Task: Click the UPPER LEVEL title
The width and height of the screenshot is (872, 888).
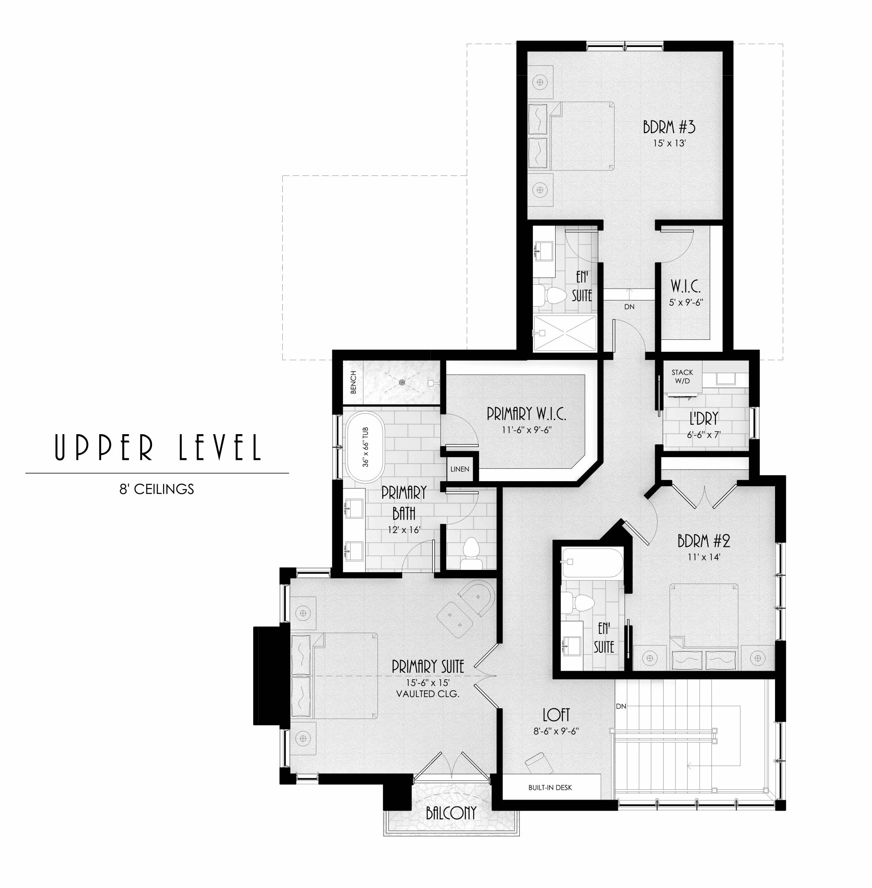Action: [158, 447]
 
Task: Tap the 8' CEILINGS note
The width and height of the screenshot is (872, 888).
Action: [157, 489]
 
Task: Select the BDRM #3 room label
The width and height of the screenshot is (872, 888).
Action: [669, 127]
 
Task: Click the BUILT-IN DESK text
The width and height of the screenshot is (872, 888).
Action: [550, 787]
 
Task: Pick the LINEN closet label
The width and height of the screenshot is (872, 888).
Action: [460, 469]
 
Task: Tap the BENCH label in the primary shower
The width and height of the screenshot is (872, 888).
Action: [353, 382]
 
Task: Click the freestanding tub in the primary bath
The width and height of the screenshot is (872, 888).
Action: [365, 447]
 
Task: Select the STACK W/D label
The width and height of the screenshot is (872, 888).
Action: [682, 377]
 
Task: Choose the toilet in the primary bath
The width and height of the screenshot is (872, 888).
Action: [471, 553]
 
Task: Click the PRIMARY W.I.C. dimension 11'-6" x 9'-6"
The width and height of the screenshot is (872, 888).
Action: [527, 430]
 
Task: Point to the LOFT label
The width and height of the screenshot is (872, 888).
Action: [556, 715]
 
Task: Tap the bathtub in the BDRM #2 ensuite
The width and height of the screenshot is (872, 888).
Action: [592, 563]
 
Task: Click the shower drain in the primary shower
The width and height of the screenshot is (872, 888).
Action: [402, 383]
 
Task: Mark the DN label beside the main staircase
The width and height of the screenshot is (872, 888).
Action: [621, 706]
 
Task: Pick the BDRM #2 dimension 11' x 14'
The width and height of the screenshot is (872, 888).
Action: [704, 557]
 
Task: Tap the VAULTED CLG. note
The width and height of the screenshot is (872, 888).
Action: [428, 694]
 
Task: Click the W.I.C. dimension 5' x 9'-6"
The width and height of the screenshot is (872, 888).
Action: [686, 302]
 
